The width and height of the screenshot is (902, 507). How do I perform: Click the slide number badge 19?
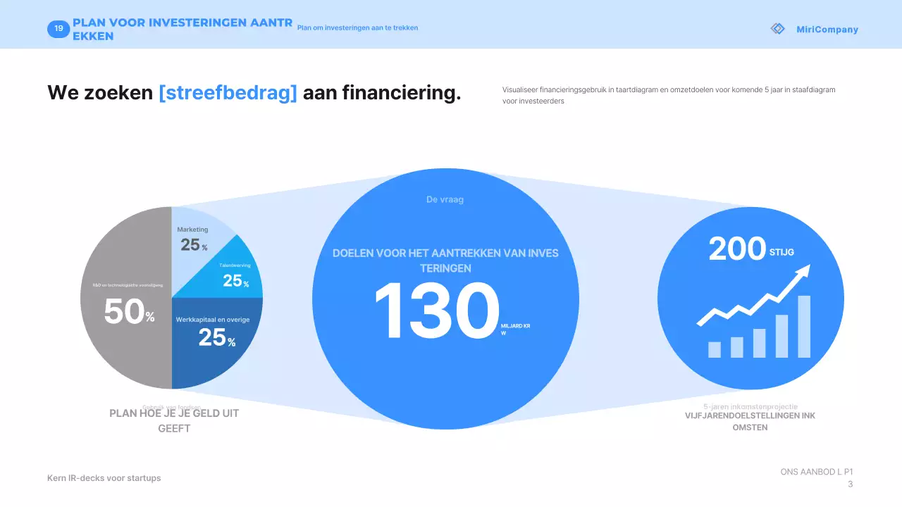click(58, 29)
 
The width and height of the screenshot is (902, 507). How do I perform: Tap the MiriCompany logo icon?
click(777, 29)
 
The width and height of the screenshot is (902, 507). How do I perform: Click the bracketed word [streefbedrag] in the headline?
click(228, 92)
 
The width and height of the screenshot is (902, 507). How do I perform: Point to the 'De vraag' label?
click(445, 199)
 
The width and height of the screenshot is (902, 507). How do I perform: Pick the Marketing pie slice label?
click(192, 230)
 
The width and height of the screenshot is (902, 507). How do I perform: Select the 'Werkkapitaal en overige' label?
click(213, 320)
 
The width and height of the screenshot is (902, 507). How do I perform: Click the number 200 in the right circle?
click(736, 249)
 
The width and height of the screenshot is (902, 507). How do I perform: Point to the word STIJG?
click(781, 252)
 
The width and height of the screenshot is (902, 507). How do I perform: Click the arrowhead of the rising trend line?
click(804, 270)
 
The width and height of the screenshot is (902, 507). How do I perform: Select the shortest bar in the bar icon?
click(715, 349)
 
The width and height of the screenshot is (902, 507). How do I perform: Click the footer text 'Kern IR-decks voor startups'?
click(104, 478)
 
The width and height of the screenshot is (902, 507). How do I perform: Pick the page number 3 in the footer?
click(850, 484)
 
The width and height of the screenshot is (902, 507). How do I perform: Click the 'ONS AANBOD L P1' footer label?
click(817, 472)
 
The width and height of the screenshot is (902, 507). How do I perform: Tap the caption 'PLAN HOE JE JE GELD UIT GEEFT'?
click(174, 420)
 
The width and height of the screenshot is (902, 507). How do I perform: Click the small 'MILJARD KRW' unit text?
click(515, 330)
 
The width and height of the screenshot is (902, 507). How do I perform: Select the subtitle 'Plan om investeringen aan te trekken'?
click(357, 28)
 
